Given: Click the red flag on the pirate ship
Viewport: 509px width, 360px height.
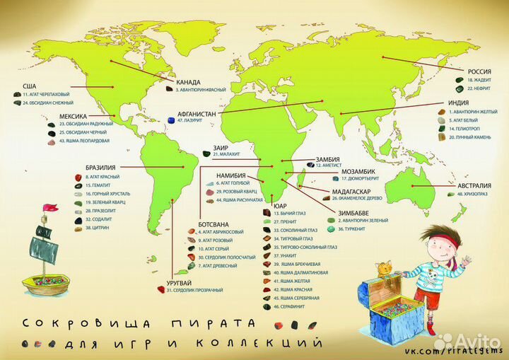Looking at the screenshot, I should pyautogui.click(x=49, y=209).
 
